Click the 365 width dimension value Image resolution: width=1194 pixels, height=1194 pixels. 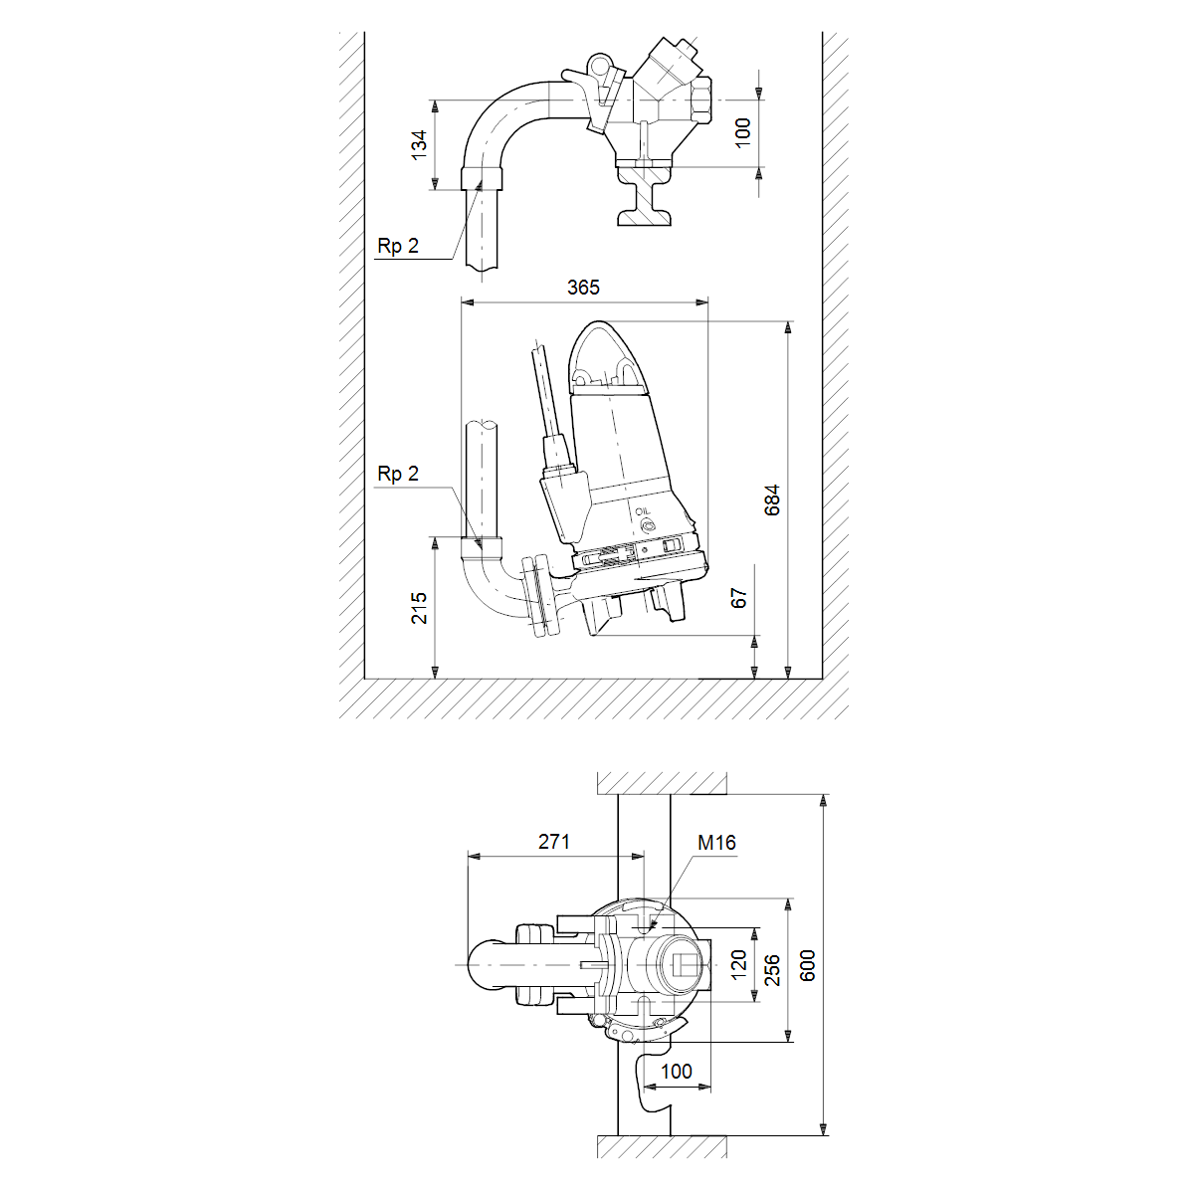click(x=583, y=288)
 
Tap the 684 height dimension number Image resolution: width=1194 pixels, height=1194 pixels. click(x=772, y=500)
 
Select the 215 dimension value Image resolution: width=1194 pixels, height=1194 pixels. click(x=420, y=608)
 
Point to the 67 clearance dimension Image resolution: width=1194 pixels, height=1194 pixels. click(x=739, y=599)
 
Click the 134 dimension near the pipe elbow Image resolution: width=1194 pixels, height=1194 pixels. click(x=420, y=145)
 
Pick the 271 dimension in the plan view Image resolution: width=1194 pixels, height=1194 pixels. click(x=554, y=842)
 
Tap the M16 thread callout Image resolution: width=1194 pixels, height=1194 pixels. click(x=716, y=843)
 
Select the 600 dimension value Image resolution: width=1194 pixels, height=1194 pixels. click(x=807, y=965)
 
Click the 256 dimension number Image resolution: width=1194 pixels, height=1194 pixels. click(x=772, y=970)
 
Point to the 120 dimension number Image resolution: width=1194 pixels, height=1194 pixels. click(x=739, y=965)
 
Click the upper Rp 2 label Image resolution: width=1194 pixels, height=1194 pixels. click(x=398, y=247)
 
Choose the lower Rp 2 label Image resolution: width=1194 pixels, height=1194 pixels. click(x=398, y=474)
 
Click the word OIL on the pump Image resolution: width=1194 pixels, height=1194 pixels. click(x=643, y=511)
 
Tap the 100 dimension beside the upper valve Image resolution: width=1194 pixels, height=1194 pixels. click(x=743, y=133)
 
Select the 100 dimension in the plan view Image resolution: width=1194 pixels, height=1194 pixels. click(x=676, y=1072)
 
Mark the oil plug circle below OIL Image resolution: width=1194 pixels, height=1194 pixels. click(x=648, y=526)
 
